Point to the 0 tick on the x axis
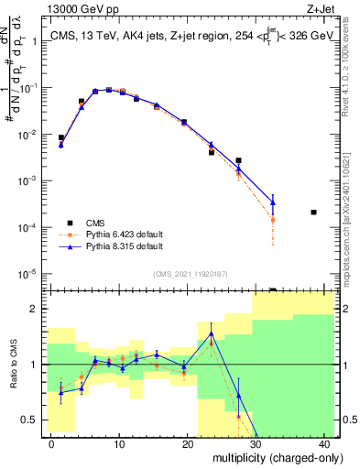pyautogui.click(x=51, y=444)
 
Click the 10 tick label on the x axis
pyautogui.click(x=119, y=444)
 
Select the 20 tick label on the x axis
pyautogui.click(x=187, y=444)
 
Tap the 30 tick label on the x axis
pyautogui.click(x=256, y=444)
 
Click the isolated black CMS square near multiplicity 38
pyautogui.click(x=313, y=213)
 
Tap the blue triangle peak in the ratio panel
pyautogui.click(x=212, y=333)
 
